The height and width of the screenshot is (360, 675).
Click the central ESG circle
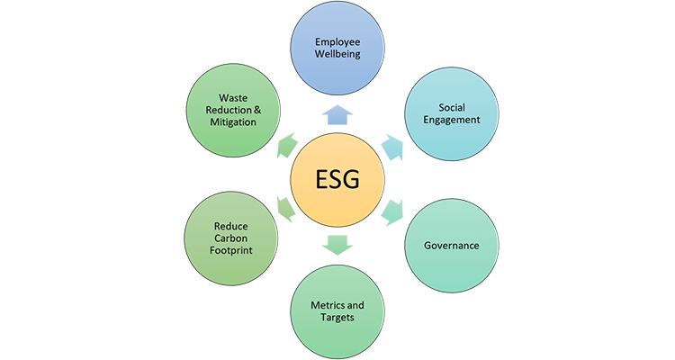pos(337,179)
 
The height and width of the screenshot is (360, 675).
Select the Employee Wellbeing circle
pos(337,49)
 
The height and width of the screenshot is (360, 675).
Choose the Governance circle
pos(451,244)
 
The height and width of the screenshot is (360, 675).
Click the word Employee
pos(337,41)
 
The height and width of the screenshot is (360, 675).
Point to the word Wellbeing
pos(337,56)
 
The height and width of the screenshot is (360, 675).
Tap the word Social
pos(451,106)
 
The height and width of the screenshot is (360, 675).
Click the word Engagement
pos(451,121)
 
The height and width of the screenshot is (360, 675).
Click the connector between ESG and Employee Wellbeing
pos(337,113)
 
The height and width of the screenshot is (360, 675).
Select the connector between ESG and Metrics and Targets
pos(337,245)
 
